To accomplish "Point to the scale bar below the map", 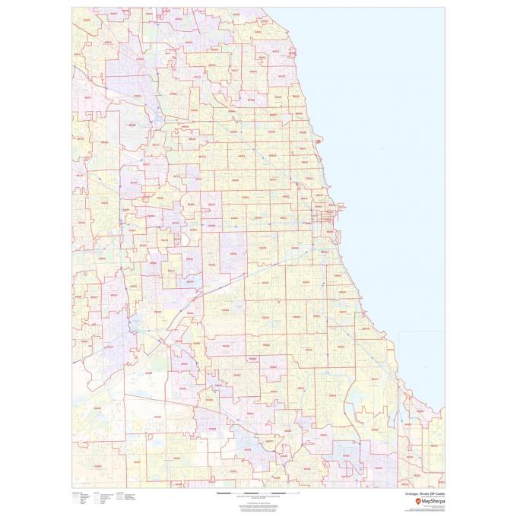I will click(x=258, y=493).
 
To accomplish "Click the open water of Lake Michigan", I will click(x=395, y=152).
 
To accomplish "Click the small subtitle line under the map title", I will click(x=426, y=496).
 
